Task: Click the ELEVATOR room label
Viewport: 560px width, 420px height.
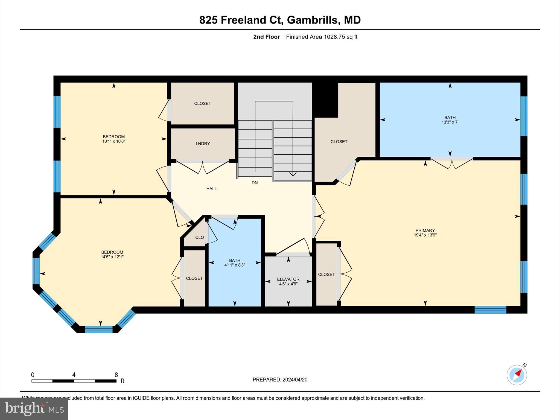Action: pyautogui.click(x=288, y=279)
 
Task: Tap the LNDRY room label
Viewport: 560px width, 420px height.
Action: pyautogui.click(x=203, y=144)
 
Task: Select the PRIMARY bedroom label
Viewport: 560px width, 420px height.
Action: pyautogui.click(x=425, y=230)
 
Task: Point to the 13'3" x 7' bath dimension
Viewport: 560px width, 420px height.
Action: pyautogui.click(x=450, y=122)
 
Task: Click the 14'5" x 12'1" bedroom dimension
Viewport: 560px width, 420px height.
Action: pyautogui.click(x=112, y=257)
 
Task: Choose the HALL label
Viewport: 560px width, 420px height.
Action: pyautogui.click(x=211, y=189)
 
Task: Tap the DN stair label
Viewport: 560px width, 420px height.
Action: pyautogui.click(x=255, y=183)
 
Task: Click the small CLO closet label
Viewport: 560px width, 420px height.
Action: pyautogui.click(x=199, y=237)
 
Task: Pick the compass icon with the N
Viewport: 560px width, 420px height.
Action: pyautogui.click(x=517, y=375)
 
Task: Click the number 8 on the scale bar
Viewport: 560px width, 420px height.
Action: pyautogui.click(x=116, y=375)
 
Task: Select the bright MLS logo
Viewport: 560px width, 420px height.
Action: pyautogui.click(x=34, y=409)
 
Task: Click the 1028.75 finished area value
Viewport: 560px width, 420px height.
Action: pyautogui.click(x=334, y=37)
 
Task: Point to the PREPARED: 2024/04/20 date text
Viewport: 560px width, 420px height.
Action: pyautogui.click(x=280, y=380)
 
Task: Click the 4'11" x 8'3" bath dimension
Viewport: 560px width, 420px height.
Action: pyautogui.click(x=235, y=265)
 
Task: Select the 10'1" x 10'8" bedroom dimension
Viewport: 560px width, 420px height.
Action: pyautogui.click(x=114, y=141)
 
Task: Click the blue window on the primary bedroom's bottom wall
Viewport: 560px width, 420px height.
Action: pyautogui.click(x=490, y=310)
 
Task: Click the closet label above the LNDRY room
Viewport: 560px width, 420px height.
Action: pyautogui.click(x=203, y=103)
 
